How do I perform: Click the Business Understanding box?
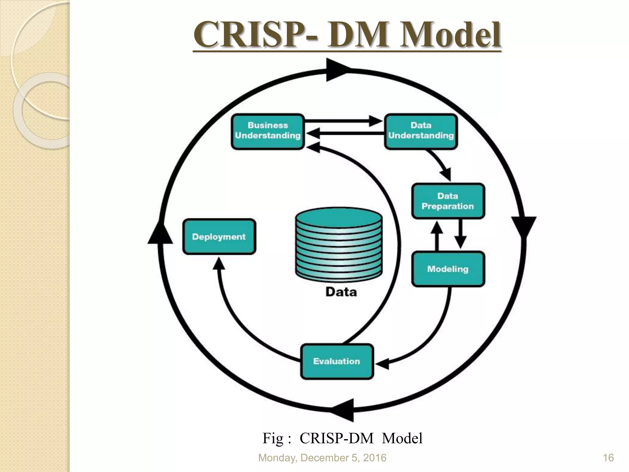tap(268, 132)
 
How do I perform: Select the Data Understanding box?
tap(421, 132)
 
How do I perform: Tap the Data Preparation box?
tap(448, 201)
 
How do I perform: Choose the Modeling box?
tap(448, 269)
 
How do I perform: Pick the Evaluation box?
tap(337, 361)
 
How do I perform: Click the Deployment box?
tap(219, 237)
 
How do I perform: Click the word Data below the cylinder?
tap(341, 292)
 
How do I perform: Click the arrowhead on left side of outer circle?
tap(160, 234)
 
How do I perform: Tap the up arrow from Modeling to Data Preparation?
tap(437, 235)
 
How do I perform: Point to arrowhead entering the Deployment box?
tap(219, 264)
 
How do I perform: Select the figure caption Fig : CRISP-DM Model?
tap(342, 438)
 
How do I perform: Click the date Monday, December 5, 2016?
tap(322, 458)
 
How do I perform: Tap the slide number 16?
tap(608, 458)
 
